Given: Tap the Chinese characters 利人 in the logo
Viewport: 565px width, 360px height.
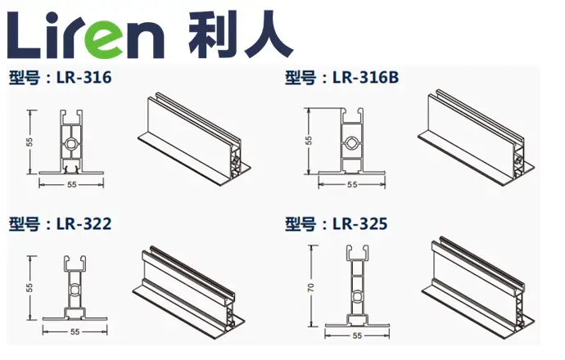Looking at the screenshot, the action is [x=241, y=35].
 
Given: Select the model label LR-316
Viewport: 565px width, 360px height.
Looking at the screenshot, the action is [x=84, y=78].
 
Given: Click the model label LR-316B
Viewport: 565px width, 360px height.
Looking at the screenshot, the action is [x=365, y=78].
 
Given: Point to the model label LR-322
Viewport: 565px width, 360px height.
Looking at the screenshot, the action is [x=84, y=224].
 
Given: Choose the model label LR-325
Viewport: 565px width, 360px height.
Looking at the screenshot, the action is [x=360, y=224].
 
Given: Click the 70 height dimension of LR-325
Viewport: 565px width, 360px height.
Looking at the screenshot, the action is [x=311, y=287].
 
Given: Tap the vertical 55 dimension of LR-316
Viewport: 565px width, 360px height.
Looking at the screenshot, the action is [x=29, y=142].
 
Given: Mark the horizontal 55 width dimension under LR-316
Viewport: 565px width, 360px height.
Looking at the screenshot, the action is [x=72, y=185].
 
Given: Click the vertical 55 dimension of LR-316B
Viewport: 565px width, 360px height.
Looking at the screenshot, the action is [x=309, y=141].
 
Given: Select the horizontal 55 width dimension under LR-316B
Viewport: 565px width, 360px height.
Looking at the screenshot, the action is [x=352, y=185].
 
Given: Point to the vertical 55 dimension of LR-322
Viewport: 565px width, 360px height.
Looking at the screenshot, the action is [x=29, y=287].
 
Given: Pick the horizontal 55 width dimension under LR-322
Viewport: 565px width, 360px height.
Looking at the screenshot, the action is [x=75, y=331].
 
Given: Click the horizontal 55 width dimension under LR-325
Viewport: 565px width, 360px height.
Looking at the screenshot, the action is [x=357, y=335].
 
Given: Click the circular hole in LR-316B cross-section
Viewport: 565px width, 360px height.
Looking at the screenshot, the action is [x=351, y=142].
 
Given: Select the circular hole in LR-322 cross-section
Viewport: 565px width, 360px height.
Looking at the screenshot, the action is [x=75, y=290].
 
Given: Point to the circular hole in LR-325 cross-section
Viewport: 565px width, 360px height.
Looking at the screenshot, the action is [x=357, y=296].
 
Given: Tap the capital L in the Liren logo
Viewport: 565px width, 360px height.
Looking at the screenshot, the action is [x=24, y=35].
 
